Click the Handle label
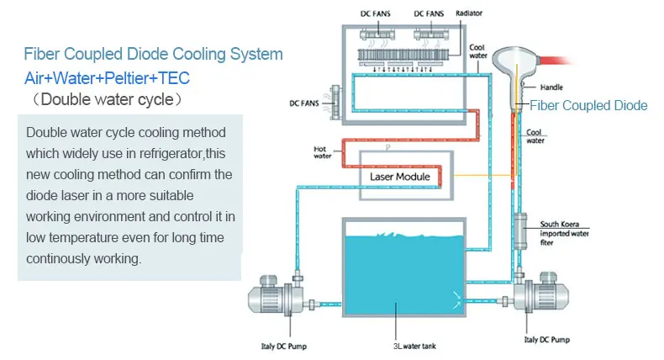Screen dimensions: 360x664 coord(552,87)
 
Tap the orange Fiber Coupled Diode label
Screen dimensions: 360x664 coord(588,105)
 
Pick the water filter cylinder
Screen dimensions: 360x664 coord(517,231)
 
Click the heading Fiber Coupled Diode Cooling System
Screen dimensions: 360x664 coord(153,55)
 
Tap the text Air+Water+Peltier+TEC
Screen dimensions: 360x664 coord(108,78)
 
